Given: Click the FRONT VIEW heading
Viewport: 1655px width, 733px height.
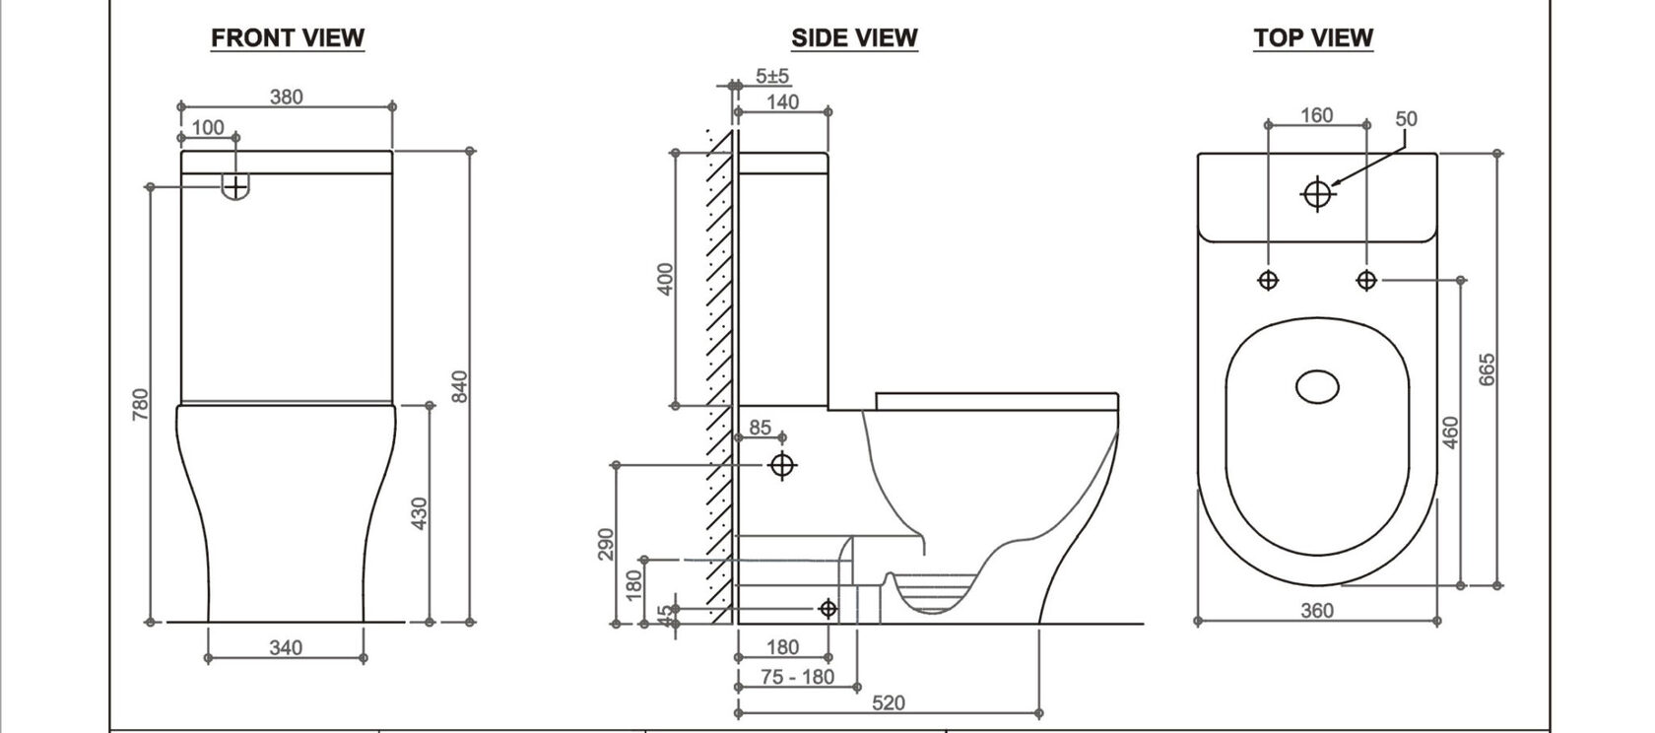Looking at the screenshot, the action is coord(288,38).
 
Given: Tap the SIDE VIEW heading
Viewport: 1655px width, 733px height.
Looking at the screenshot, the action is coord(854,38).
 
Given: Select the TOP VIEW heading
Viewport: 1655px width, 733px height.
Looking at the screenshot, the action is coord(1312,38).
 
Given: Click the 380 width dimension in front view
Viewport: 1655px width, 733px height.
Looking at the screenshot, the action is coord(287,97).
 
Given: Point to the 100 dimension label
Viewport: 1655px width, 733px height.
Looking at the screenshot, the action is coord(207,127).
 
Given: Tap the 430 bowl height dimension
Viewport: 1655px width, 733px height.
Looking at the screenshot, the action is coord(419,513).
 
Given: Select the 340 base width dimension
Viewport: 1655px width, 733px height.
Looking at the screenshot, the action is coord(286,647).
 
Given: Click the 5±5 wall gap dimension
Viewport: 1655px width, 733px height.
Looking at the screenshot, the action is coord(772,75).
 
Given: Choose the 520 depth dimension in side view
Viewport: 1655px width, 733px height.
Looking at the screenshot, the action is coord(889,702).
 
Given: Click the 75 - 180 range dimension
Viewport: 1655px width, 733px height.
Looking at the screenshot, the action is coord(798,677).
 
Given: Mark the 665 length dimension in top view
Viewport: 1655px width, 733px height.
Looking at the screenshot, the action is coord(1489,369).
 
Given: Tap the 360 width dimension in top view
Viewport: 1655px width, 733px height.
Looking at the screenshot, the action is coord(1316,611).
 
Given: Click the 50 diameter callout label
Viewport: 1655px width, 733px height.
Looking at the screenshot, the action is coord(1406,119).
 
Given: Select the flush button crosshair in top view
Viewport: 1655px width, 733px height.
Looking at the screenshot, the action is coord(1317,194).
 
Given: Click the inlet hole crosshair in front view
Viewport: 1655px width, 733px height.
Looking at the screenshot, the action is coord(236,184).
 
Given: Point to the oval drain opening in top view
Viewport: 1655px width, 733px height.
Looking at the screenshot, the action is coord(1317,386).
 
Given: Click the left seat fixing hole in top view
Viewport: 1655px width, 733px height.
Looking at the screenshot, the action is coord(1269,281).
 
